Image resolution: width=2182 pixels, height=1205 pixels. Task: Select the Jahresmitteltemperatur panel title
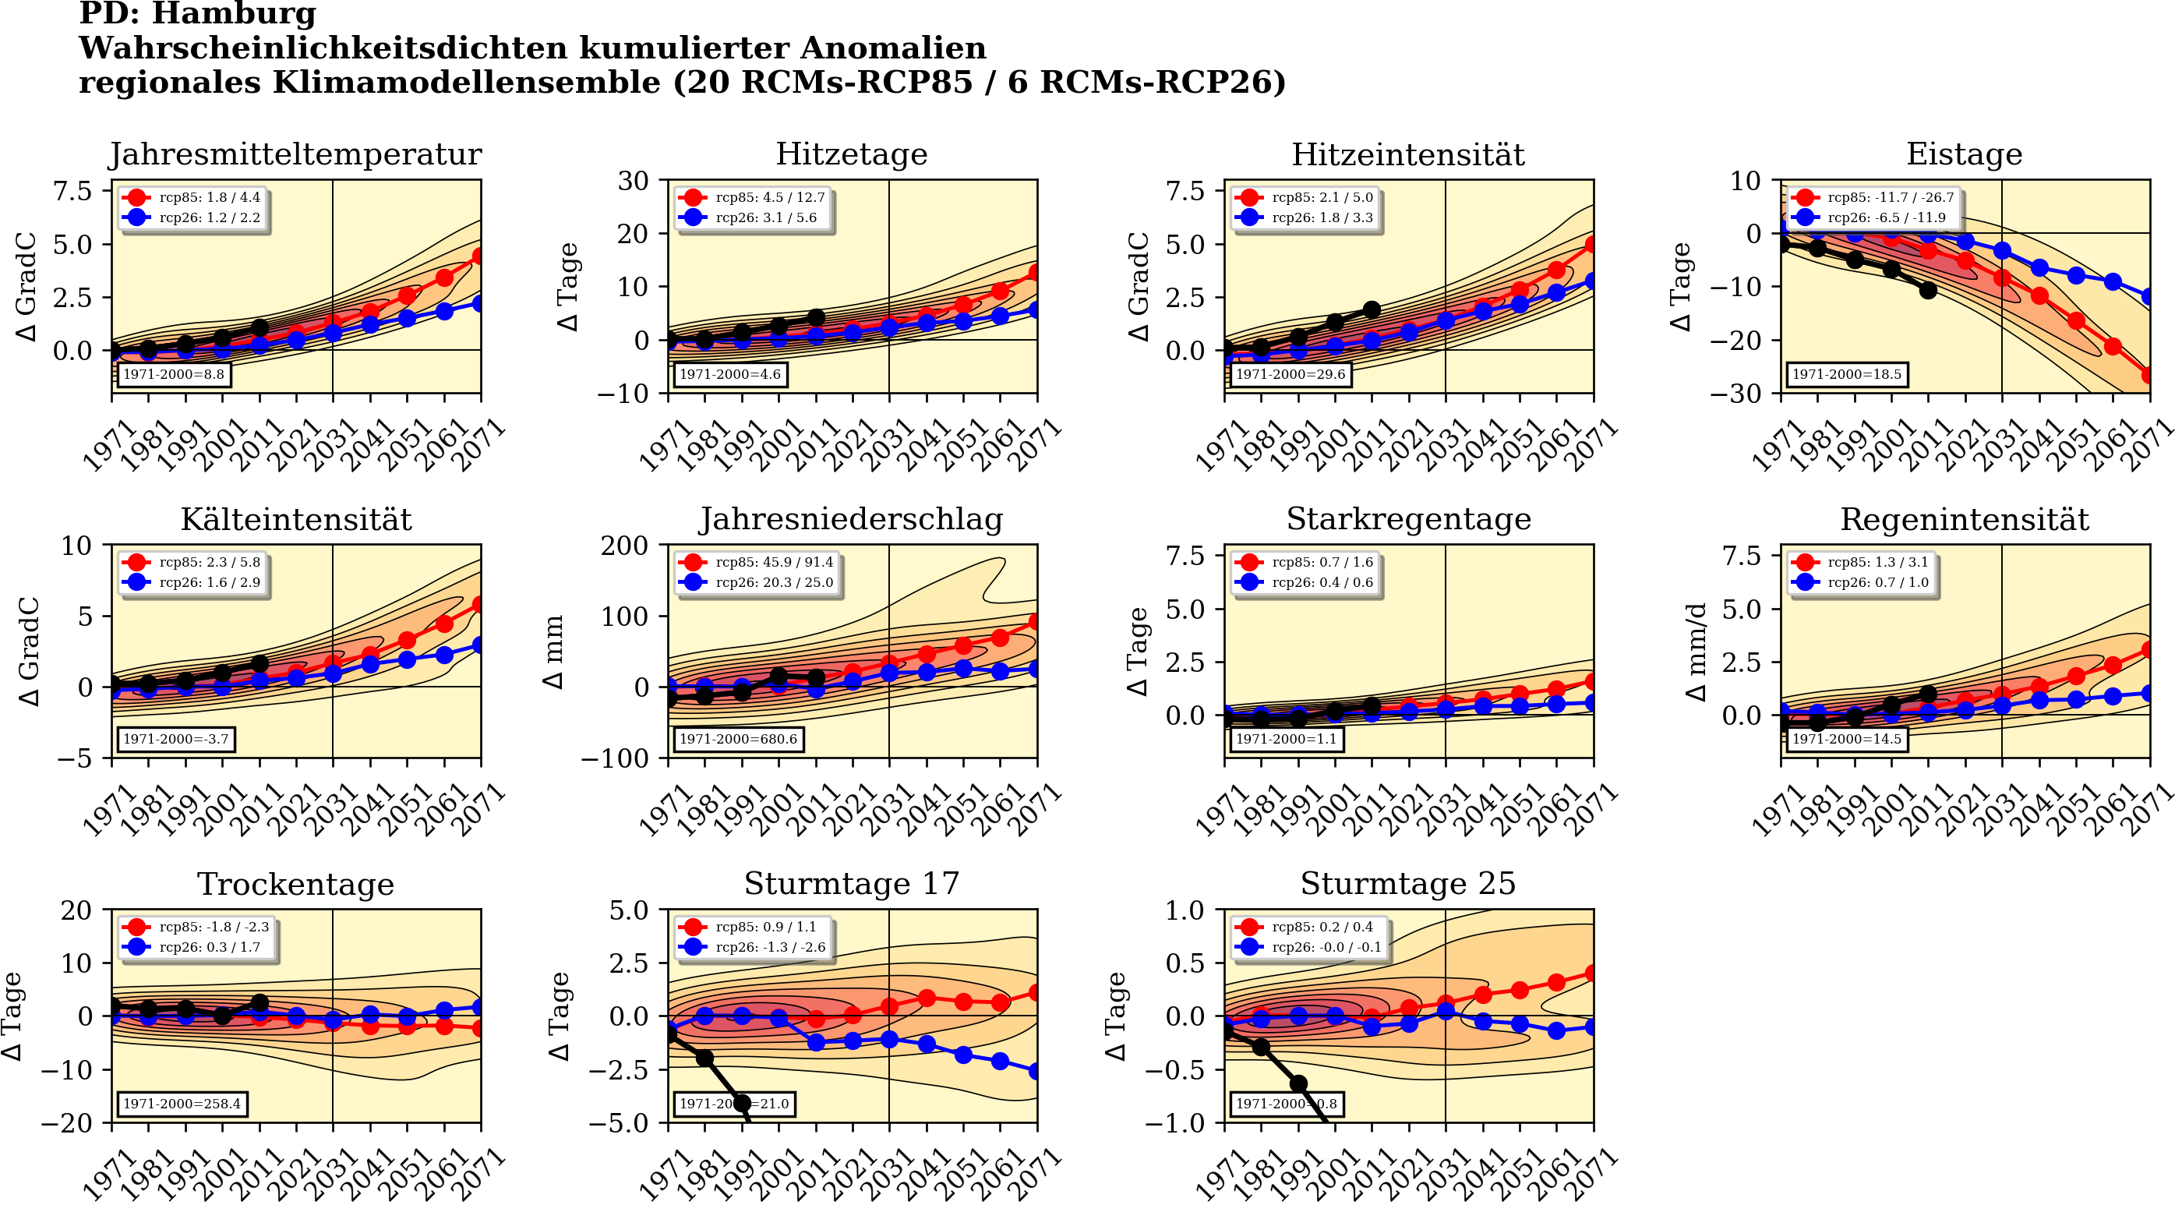coord(295,154)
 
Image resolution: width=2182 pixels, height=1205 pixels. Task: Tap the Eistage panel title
coord(1964,154)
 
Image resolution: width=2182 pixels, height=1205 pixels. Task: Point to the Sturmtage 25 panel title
coord(1408,884)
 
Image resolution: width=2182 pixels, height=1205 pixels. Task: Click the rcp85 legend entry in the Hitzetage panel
coord(754,197)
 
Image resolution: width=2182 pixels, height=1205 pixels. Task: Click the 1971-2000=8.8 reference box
coord(174,373)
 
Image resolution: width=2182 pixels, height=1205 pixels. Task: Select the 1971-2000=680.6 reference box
coord(738,739)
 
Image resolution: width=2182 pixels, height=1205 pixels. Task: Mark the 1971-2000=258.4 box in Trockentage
coord(182,1104)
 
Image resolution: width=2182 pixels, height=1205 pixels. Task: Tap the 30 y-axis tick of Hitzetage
coord(633,181)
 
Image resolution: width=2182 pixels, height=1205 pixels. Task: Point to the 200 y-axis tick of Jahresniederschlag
coord(624,546)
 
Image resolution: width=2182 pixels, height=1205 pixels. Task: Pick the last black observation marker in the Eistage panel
coord(1928,290)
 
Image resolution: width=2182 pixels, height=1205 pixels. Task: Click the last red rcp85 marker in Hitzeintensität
coord(1592,244)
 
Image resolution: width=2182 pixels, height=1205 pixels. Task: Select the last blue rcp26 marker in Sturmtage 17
coord(1036,1071)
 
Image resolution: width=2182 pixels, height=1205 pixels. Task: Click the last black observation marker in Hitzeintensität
coord(1372,310)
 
